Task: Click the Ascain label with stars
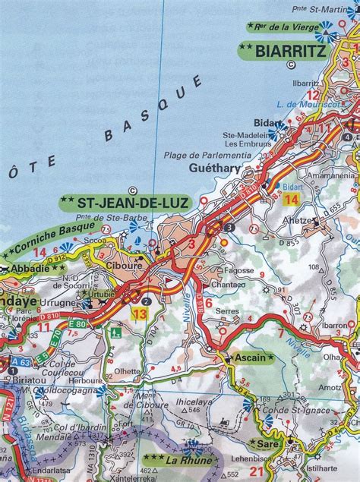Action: (247, 357)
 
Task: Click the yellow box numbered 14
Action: (292, 200)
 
